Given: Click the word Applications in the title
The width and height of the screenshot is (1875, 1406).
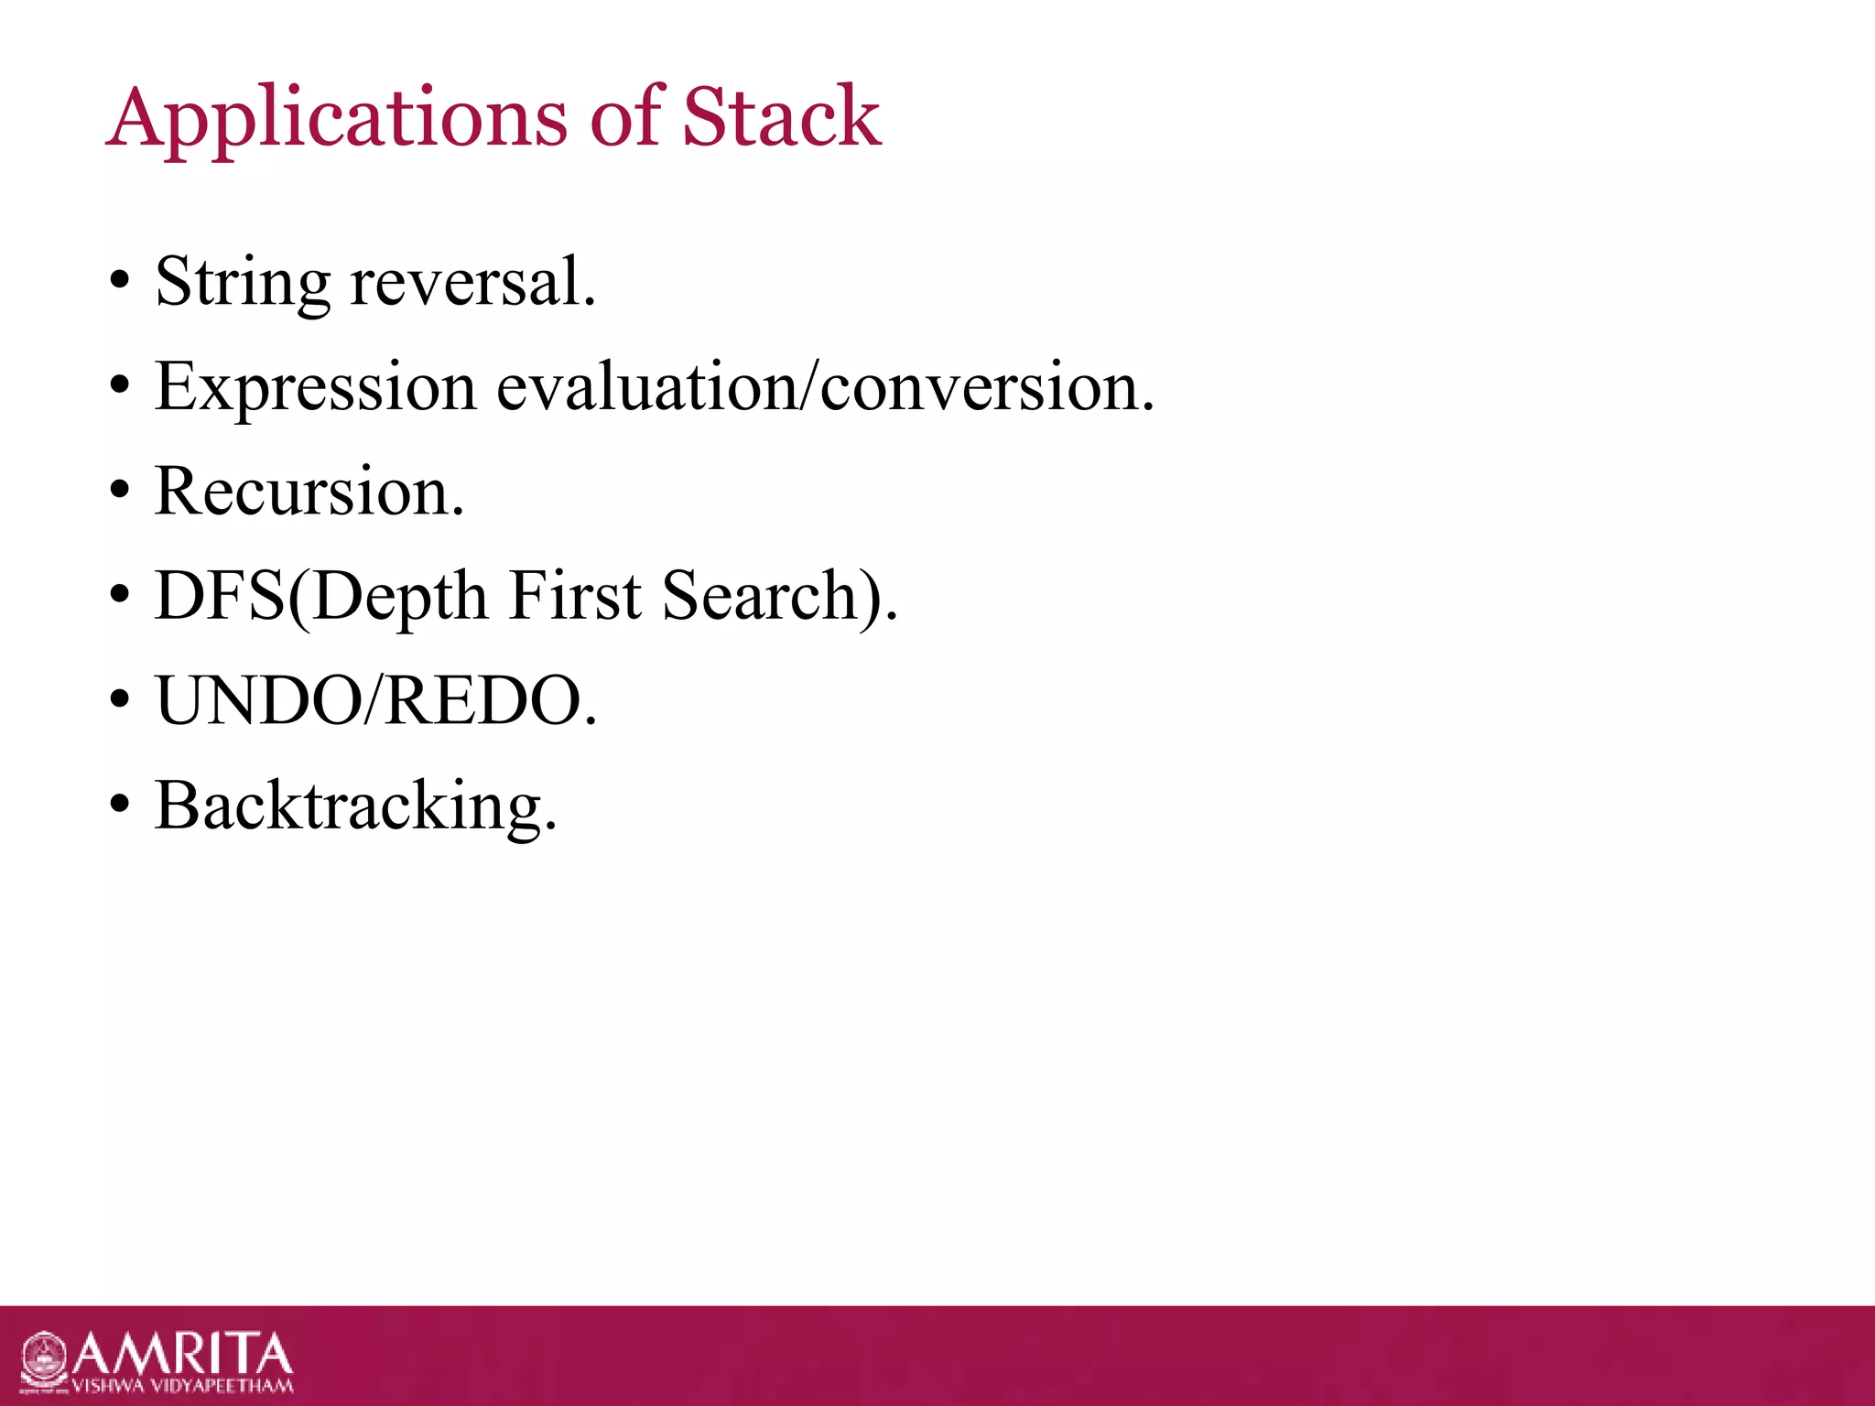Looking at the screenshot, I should click(x=337, y=119).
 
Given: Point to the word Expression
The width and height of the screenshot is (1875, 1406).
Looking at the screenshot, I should click(x=316, y=388).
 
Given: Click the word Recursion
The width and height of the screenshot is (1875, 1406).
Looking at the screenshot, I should click(x=309, y=492).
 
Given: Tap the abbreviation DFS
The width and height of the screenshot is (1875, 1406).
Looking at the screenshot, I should click(x=220, y=597).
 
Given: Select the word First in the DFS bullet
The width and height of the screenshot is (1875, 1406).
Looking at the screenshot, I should click(x=575, y=597).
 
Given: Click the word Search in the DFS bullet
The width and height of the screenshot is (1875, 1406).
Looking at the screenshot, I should click(x=758, y=597).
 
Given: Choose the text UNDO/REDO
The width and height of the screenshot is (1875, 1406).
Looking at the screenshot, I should click(x=375, y=701).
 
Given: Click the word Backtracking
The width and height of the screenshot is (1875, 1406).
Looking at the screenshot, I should click(x=355, y=806).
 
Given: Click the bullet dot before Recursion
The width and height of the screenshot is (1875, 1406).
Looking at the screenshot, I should click(x=119, y=492).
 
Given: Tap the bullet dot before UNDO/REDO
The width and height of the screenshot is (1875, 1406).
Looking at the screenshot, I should click(x=119, y=701).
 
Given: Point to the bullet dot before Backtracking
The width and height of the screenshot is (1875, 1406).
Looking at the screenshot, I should click(x=119, y=806).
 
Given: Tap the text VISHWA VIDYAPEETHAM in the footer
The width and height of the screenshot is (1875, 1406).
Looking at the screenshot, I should click(x=182, y=1386).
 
